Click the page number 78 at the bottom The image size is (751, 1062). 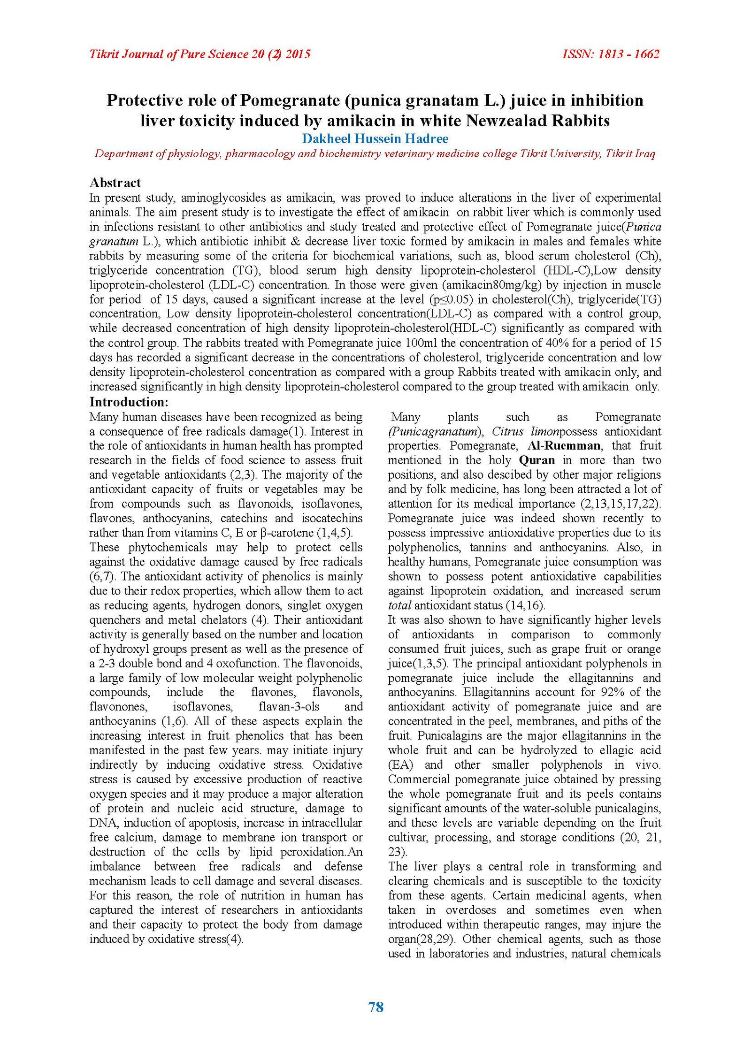tap(376, 1007)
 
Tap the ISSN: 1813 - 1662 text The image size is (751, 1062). tap(611, 54)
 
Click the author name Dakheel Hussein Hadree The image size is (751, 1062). tap(375, 139)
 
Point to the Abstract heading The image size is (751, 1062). tap(115, 183)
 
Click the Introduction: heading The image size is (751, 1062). tap(129, 402)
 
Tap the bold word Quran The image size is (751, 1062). tap(537, 460)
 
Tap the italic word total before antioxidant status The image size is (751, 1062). tap(399, 606)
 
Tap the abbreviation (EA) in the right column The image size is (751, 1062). tap(400, 765)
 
